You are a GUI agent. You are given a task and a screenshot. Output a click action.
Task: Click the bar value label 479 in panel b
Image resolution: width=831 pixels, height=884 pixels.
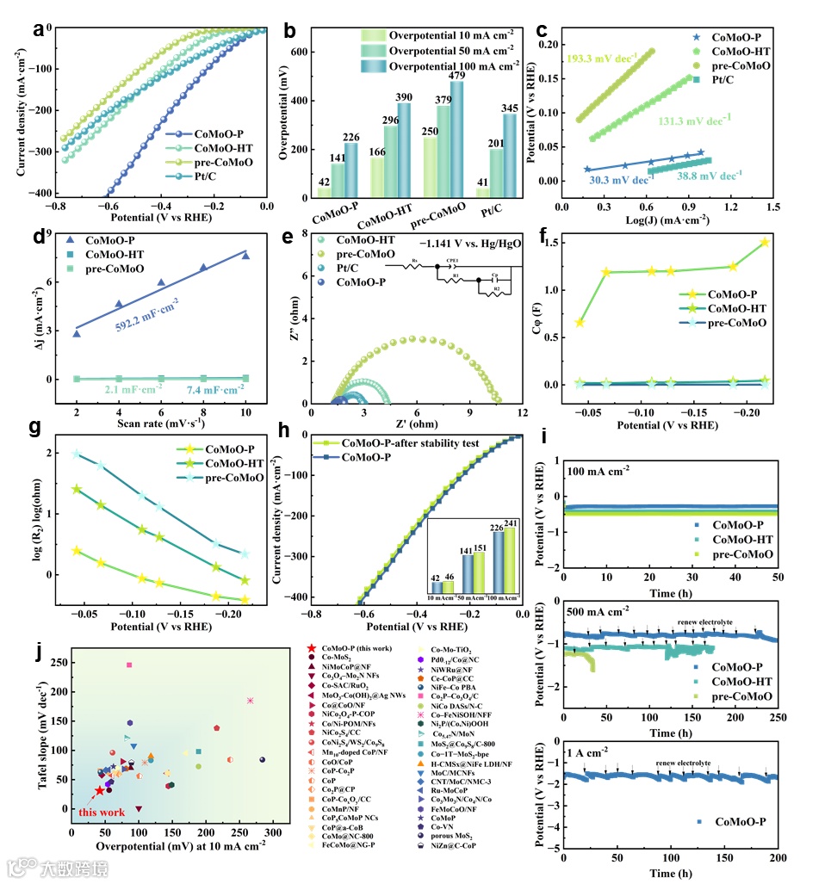point(456,73)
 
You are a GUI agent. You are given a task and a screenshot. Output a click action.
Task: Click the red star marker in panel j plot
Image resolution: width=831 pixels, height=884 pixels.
point(100,790)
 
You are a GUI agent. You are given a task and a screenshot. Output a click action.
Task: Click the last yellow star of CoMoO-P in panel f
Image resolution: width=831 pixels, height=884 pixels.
point(764,243)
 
